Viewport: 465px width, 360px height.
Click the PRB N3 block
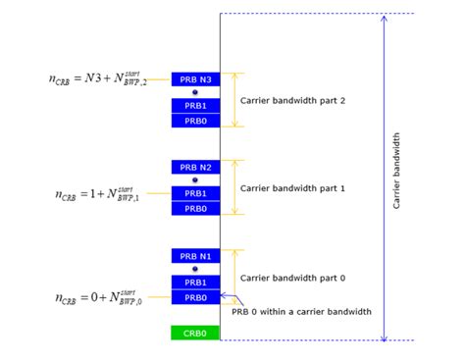(x=195, y=79)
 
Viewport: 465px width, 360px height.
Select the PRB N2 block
(x=195, y=168)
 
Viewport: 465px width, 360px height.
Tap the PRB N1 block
(x=195, y=256)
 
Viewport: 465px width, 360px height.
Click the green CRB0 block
(x=195, y=334)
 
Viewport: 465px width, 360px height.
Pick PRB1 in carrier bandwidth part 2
(x=195, y=106)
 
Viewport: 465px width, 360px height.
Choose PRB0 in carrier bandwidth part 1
(x=195, y=208)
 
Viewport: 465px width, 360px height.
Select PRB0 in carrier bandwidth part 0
(x=195, y=296)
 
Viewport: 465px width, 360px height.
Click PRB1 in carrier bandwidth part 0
(x=195, y=283)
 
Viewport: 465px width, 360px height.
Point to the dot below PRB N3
(x=195, y=92)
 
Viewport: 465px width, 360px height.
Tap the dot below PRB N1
(x=195, y=269)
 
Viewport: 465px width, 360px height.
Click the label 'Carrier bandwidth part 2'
(x=292, y=100)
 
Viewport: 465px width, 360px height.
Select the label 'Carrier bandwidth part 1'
(x=292, y=187)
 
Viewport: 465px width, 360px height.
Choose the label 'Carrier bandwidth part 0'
(x=292, y=278)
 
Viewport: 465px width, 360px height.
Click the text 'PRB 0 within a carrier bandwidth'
(x=301, y=312)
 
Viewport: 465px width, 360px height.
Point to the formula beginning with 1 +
(x=97, y=192)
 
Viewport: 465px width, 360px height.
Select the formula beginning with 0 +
(x=97, y=296)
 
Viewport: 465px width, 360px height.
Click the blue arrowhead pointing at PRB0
(x=224, y=295)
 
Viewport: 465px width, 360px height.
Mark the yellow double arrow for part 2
(x=234, y=100)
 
